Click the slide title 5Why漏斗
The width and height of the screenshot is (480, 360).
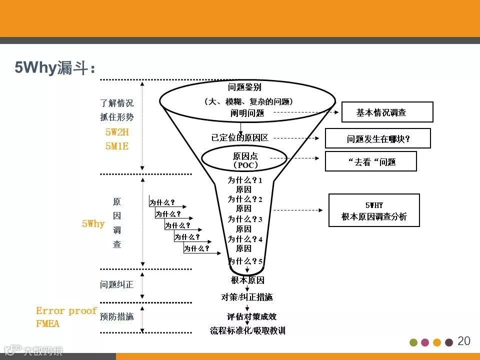click(55, 68)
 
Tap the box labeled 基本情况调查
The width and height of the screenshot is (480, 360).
click(387, 112)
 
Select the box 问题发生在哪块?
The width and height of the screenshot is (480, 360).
click(377, 138)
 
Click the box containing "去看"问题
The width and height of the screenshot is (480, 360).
click(370, 161)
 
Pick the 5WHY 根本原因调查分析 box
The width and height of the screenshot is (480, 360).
click(373, 210)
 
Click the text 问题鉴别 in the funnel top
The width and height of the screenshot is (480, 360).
click(244, 87)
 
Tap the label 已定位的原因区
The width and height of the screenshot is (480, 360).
click(239, 137)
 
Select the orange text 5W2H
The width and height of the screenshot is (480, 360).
click(117, 132)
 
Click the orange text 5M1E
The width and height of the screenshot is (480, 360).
click(117, 146)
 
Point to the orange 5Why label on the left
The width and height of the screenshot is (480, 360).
click(93, 223)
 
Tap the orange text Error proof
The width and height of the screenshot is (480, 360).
click(66, 310)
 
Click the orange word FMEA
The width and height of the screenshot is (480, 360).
click(47, 324)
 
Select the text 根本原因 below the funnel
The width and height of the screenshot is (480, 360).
click(247, 280)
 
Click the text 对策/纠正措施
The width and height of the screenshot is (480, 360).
click(247, 297)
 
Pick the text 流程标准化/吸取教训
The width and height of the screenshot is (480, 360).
click(247, 330)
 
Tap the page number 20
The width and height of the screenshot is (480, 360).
click(464, 341)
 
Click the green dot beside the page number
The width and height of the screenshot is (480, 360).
click(413, 342)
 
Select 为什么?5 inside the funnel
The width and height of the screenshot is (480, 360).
click(245, 261)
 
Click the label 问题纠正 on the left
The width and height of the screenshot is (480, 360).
click(116, 284)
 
